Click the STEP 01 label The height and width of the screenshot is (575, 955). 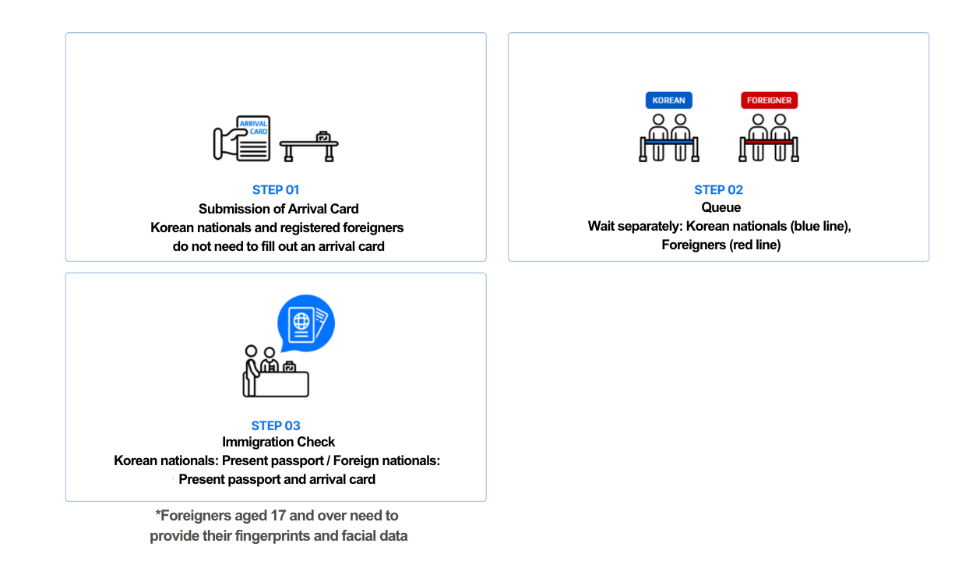(276, 189)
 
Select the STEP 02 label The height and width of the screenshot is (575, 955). (718, 189)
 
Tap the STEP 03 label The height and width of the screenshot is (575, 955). (276, 425)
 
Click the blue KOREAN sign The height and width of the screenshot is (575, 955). (668, 101)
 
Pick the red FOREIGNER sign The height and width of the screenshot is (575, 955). (769, 101)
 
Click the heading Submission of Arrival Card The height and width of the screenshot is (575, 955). (278, 209)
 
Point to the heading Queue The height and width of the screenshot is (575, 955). (721, 208)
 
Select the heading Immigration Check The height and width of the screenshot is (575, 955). (278, 443)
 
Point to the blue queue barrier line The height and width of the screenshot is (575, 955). (668, 142)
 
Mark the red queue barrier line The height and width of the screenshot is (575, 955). (769, 142)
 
